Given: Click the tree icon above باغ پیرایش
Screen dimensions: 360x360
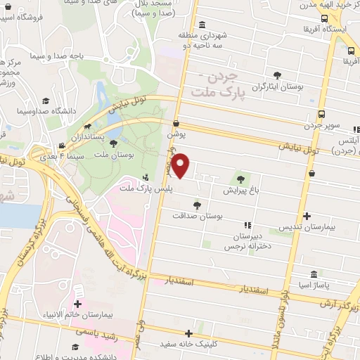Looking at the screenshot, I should [243, 179].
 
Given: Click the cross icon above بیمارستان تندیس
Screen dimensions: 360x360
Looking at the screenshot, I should [305, 217].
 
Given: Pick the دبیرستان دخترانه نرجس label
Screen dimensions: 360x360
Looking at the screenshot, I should [247, 242].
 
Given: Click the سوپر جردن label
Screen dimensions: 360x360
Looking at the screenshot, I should [321, 127].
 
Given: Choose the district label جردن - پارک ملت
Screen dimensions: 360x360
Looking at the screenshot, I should [216, 85].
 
